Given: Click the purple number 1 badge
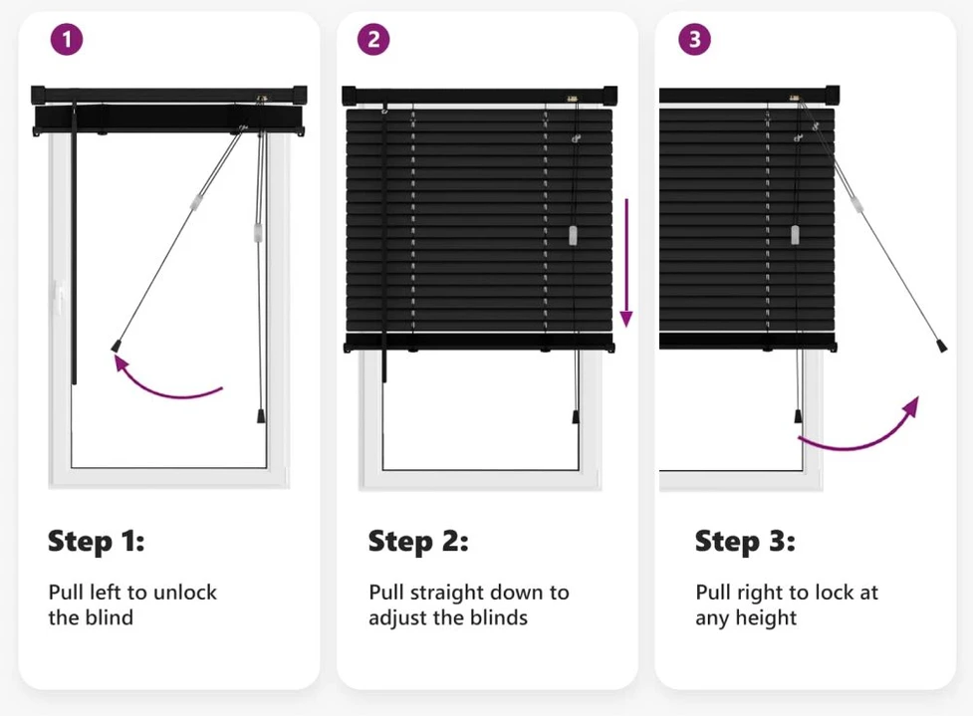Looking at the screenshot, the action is pyautogui.click(x=67, y=40).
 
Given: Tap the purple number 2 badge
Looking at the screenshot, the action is pyautogui.click(x=373, y=40).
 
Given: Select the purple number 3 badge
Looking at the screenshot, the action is pyautogui.click(x=694, y=40).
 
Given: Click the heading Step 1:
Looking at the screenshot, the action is pyautogui.click(x=97, y=541).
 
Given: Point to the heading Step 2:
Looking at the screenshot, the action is pyautogui.click(x=418, y=541).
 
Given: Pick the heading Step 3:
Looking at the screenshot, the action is pyautogui.click(x=745, y=541).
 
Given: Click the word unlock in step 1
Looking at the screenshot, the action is pyautogui.click(x=185, y=592).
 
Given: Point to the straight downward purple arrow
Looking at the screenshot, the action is pyautogui.click(x=626, y=263).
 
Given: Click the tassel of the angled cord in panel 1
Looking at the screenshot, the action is pyautogui.click(x=116, y=346).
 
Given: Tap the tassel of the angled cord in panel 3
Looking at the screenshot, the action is pyautogui.click(x=942, y=345).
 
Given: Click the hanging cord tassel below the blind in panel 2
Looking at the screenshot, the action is pyautogui.click(x=576, y=416).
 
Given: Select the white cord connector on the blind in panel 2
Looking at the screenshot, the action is pyautogui.click(x=573, y=235).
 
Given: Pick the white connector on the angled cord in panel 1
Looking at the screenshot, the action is pyautogui.click(x=197, y=201).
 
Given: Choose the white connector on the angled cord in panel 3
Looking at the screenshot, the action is pyautogui.click(x=856, y=203).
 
